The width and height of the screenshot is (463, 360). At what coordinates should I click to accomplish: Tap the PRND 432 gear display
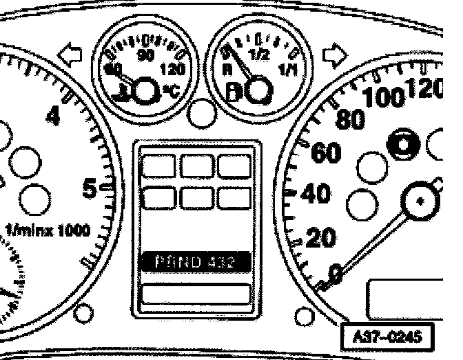click(x=195, y=262)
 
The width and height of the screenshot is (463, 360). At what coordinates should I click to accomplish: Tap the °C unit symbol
click(x=170, y=90)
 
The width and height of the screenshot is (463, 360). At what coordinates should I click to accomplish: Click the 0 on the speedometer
click(x=336, y=274)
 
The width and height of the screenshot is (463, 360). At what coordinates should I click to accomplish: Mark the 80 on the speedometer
click(x=349, y=119)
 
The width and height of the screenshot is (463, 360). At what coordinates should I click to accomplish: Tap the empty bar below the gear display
click(x=195, y=293)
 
